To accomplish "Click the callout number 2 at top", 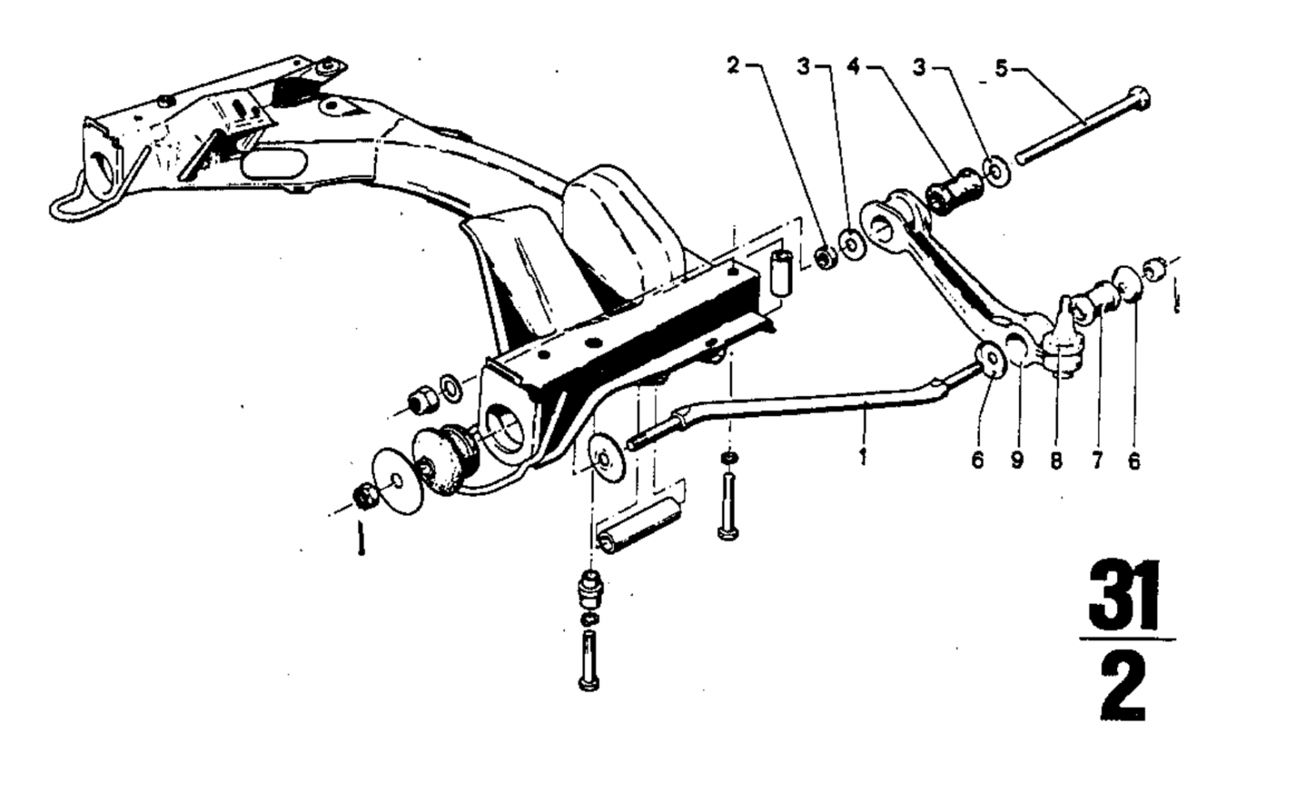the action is pyautogui.click(x=734, y=66).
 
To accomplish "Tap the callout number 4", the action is pyautogui.click(x=854, y=66).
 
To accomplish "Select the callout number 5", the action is pyautogui.click(x=1001, y=68).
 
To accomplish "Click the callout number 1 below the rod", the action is pyautogui.click(x=863, y=456).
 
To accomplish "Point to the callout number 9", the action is pyautogui.click(x=1017, y=460).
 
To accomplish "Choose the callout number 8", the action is pyautogui.click(x=1056, y=460).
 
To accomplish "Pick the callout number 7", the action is pyautogui.click(x=1097, y=460).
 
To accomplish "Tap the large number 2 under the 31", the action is pyautogui.click(x=1123, y=687).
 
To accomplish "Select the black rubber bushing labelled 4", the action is pyautogui.click(x=955, y=190).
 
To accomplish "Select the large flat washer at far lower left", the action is pyautogui.click(x=396, y=481).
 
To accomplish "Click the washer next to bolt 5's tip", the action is pyautogui.click(x=995, y=171).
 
